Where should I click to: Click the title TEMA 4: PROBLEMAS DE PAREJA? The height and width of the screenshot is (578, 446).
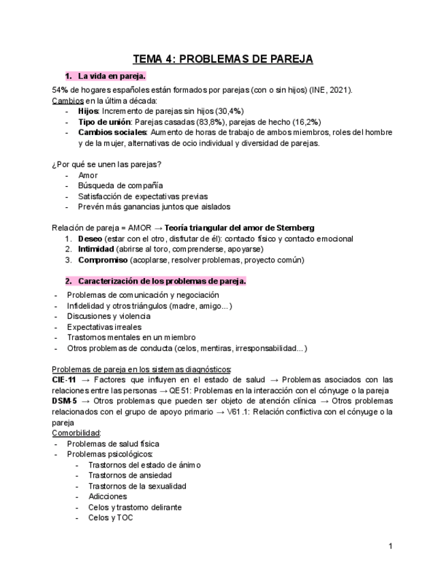[223, 59]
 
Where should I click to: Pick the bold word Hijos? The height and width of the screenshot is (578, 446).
[88, 111]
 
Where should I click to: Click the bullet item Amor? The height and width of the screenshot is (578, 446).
[88, 175]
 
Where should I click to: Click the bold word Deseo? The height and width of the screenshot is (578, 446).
[90, 239]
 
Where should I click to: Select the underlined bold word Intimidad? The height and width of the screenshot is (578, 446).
[96, 249]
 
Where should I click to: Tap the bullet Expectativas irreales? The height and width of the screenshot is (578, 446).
[104, 326]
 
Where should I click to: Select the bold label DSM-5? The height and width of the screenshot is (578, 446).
[66, 401]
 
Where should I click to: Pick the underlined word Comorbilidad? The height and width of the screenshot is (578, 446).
[76, 433]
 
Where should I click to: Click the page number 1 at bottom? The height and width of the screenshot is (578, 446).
[390, 546]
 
